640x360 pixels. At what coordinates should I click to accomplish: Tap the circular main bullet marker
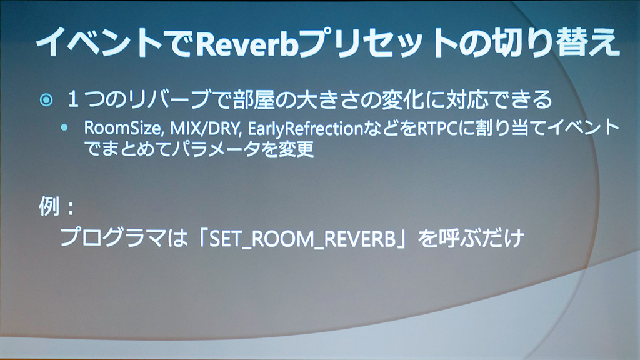pyautogui.click(x=46, y=100)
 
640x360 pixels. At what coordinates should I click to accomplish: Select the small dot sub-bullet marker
pyautogui.click(x=64, y=127)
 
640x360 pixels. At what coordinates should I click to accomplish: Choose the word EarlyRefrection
pyautogui.click(x=305, y=129)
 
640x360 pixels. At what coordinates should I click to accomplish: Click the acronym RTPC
pyautogui.click(x=437, y=128)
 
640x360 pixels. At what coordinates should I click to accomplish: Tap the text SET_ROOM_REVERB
pyautogui.click(x=302, y=239)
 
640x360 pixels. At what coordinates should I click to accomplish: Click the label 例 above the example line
pyautogui.click(x=49, y=206)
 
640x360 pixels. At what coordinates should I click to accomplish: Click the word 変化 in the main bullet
pyautogui.click(x=403, y=99)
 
